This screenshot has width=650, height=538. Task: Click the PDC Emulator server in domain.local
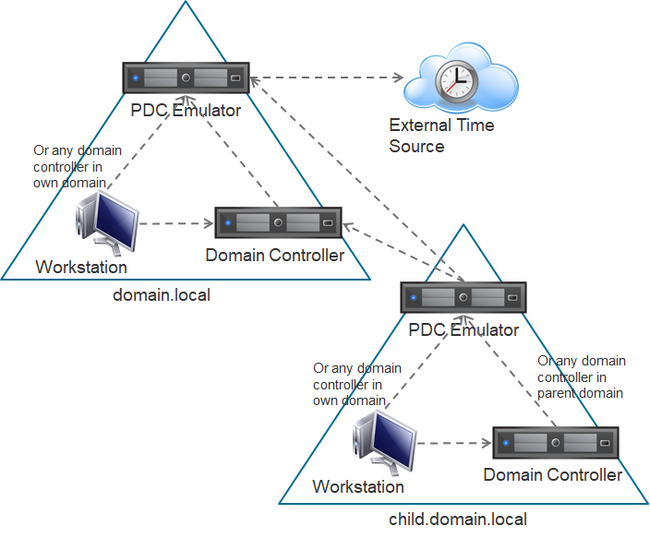click(187, 78)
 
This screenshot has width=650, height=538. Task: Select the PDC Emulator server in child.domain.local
click(463, 297)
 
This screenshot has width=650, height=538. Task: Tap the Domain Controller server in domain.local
click(279, 222)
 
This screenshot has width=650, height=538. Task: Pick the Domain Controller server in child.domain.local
click(556, 443)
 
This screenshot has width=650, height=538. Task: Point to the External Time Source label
click(441, 136)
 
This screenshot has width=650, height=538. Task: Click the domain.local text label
click(161, 295)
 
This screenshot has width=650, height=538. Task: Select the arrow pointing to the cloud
click(332, 78)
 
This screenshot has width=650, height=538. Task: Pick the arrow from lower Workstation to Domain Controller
click(452, 444)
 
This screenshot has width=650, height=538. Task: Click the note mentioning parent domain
click(582, 377)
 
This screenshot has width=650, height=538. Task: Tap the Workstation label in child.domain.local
click(358, 486)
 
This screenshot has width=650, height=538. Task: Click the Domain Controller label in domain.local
click(274, 255)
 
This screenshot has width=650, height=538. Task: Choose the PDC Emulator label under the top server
click(187, 111)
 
